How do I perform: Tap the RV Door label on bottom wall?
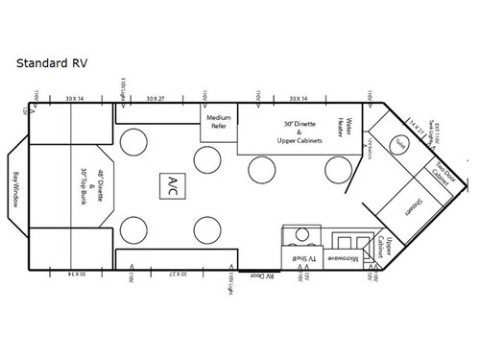pos(259,276)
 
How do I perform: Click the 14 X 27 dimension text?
pos(415,125)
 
